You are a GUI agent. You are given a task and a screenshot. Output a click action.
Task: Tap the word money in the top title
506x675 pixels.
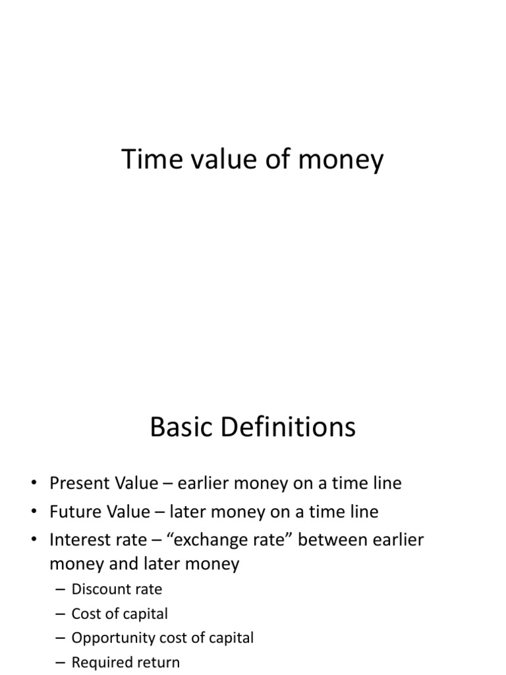[x=341, y=161]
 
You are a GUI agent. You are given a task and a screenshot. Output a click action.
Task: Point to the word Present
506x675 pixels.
[x=76, y=483]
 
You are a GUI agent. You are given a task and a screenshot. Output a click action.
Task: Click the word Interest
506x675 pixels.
[x=76, y=539]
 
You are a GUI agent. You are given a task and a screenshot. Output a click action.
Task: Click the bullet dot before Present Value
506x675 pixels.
[x=34, y=483]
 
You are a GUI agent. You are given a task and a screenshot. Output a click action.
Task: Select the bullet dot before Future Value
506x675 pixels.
[x=34, y=512]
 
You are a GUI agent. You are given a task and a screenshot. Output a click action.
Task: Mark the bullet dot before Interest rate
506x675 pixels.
[x=34, y=539]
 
